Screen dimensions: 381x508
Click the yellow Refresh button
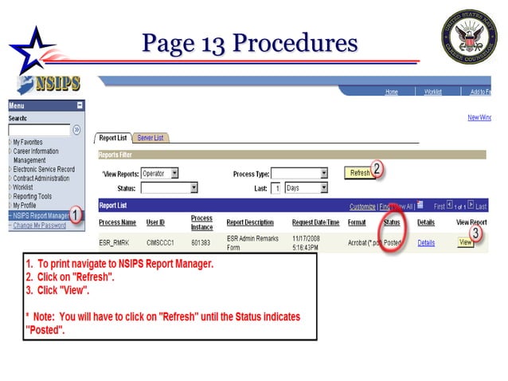pos(359,172)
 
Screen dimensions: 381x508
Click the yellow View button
pos(465,242)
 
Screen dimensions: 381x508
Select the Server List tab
pos(150,138)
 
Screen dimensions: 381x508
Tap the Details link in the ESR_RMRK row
pos(426,242)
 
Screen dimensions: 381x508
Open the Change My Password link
pos(39,225)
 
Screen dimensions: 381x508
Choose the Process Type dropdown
pos(299,173)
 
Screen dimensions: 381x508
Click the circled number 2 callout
pos(378,169)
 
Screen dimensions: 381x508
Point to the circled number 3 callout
pos(475,234)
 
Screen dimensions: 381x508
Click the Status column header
pos(391,222)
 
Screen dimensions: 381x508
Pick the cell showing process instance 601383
pos(202,242)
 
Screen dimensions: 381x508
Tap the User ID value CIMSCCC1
pos(158,242)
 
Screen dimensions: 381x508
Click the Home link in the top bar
pos(391,92)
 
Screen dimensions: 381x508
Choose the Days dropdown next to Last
pos(306,188)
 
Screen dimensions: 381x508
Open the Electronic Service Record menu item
pos(44,169)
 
